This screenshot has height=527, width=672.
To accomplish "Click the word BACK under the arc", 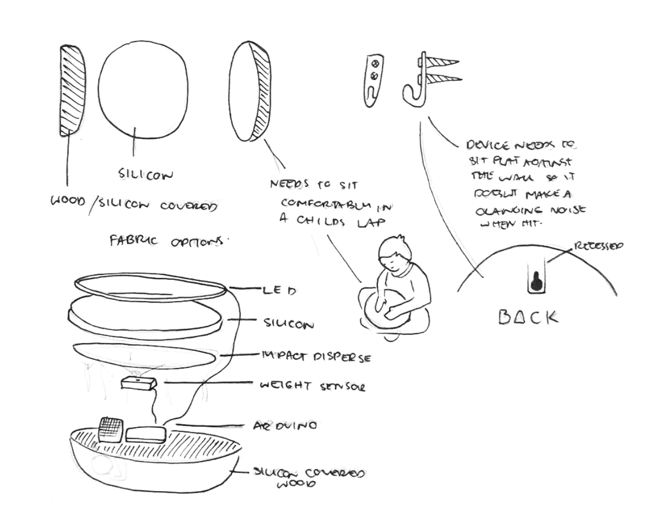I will (528, 317).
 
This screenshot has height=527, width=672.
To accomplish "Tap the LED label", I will (279, 290).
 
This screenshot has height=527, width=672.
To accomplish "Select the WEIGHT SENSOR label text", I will (312, 386).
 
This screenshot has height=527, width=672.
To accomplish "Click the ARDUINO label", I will (285, 426).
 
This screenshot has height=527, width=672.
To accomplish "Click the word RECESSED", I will (598, 246).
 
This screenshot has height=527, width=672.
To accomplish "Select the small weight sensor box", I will (139, 385).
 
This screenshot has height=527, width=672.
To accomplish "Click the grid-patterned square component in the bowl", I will (110, 429).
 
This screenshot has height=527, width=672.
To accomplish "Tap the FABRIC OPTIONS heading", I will (168, 241).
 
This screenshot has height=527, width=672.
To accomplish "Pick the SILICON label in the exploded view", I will (288, 324).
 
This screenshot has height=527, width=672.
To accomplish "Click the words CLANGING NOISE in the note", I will (530, 209).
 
